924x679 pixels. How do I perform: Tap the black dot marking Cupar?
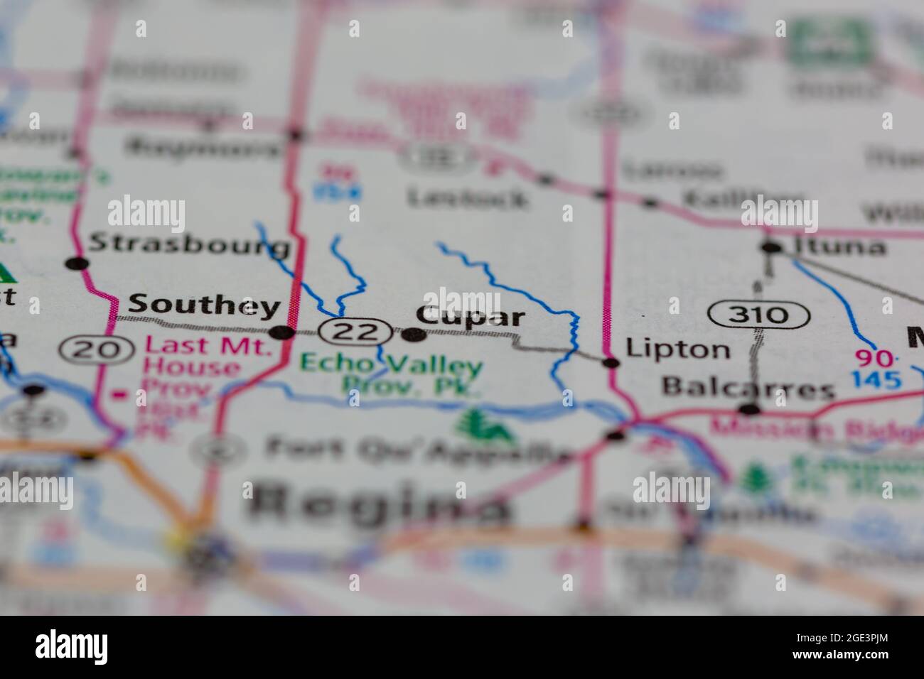pos(414,335)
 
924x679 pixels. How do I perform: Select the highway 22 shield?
pos(355,331)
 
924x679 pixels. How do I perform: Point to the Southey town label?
pos(204,305)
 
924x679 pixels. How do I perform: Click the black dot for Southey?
pos(284,332)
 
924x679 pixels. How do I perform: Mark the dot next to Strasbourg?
pos(77,264)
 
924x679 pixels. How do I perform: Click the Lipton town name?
pos(677,349)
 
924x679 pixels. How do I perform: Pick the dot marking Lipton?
pos(611,363)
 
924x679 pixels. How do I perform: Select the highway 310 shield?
pos(759,314)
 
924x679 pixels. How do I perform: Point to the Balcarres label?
pos(748,388)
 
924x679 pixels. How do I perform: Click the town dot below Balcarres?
pos(749,409)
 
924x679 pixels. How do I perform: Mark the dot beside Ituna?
pos(770,248)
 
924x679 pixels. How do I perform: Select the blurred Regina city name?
pos(380,504)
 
